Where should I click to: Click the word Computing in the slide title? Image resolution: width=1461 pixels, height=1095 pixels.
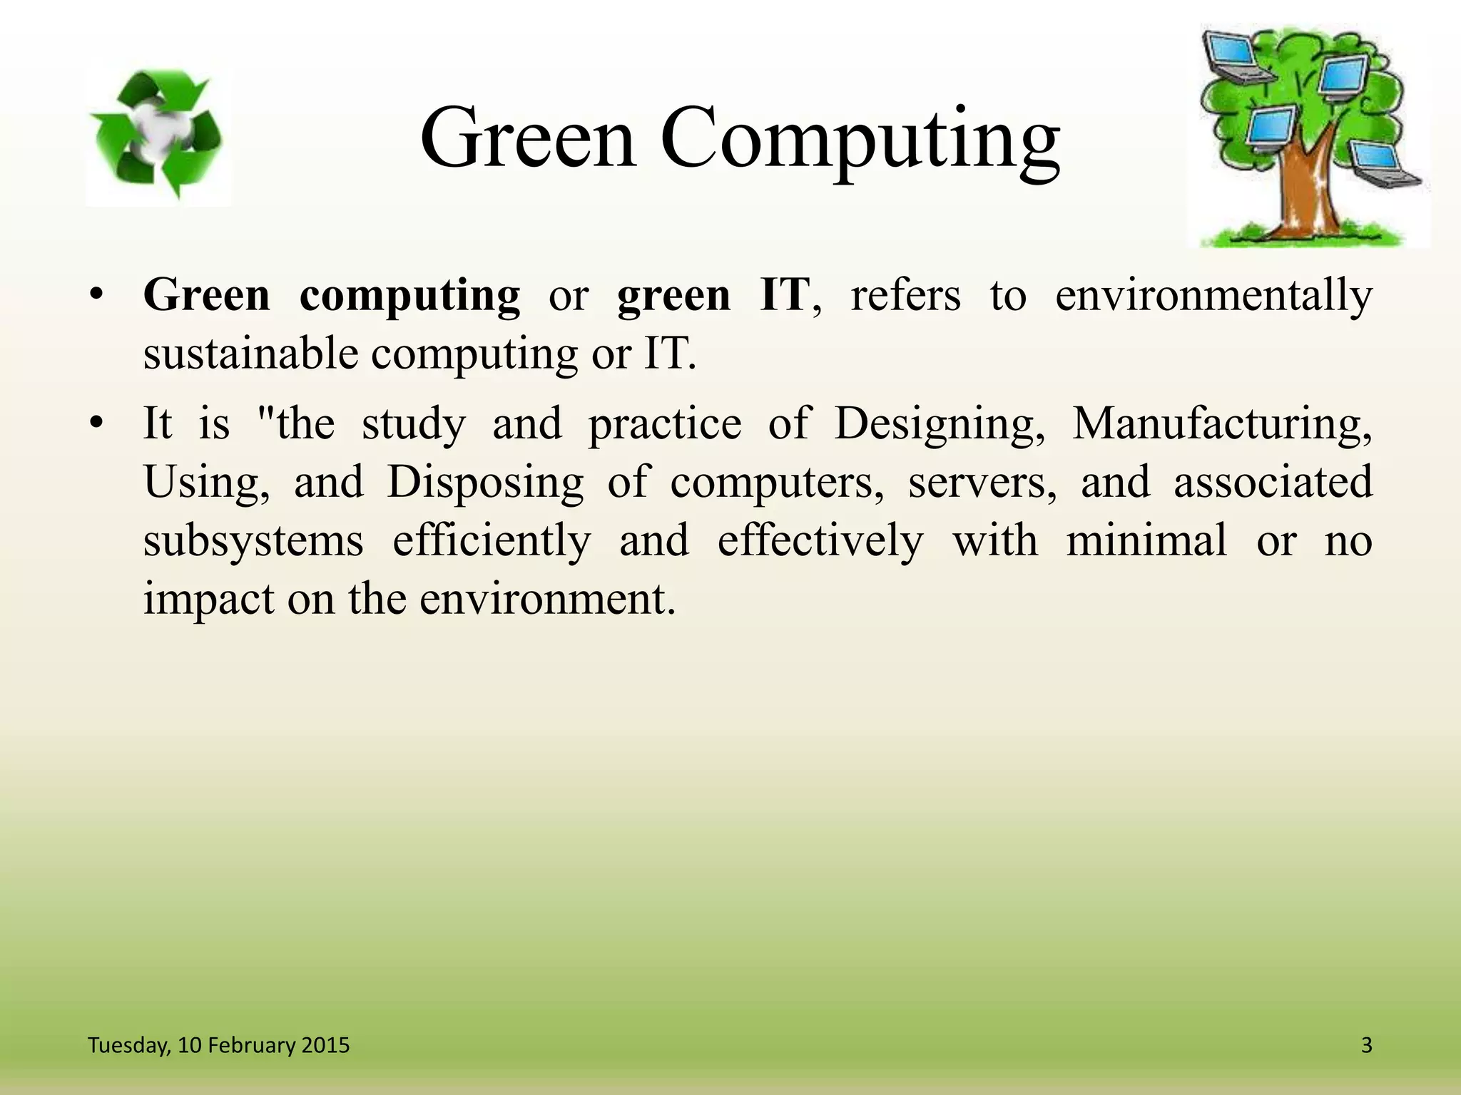tap(860, 139)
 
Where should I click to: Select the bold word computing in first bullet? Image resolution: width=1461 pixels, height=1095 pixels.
tap(409, 296)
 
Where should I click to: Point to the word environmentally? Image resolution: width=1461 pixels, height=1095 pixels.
tap(1213, 296)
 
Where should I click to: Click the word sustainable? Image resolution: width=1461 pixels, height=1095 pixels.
tap(250, 354)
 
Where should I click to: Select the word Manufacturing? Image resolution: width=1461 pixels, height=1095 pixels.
tap(1221, 425)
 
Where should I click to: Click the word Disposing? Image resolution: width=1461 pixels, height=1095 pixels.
tap(485, 483)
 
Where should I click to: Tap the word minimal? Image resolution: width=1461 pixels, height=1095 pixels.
tap(1146, 540)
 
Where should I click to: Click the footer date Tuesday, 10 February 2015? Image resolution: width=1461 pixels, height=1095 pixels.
tap(218, 1046)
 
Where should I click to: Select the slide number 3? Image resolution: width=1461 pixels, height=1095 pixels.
tap(1366, 1046)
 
